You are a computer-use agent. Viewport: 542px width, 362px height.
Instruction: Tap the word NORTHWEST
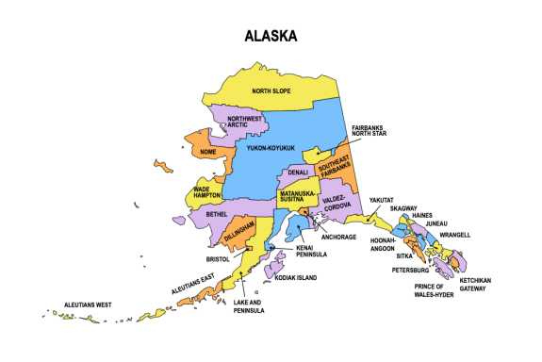click(244, 119)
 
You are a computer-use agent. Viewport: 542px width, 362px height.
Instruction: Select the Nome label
click(208, 152)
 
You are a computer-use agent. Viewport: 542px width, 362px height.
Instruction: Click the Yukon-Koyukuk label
click(271, 148)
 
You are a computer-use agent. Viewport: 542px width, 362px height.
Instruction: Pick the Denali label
click(298, 173)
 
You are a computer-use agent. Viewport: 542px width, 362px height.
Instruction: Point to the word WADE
click(202, 189)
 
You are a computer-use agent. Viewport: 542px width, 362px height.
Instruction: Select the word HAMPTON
click(207, 195)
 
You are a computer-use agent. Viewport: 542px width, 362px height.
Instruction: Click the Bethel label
click(217, 214)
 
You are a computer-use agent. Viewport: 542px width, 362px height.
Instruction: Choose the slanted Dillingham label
click(239, 232)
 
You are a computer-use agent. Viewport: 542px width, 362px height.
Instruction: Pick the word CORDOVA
click(337, 206)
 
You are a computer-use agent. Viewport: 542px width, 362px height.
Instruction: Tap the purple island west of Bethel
click(180, 221)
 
